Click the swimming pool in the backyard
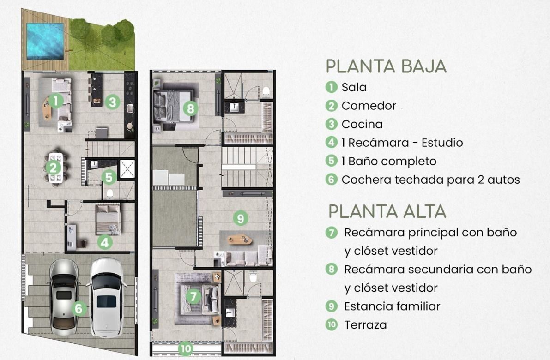click(x=45, y=42)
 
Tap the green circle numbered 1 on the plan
click(x=56, y=101)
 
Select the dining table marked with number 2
click(x=56, y=168)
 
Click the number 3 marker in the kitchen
click(x=112, y=102)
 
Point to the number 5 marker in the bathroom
click(x=109, y=177)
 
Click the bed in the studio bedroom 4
click(x=108, y=219)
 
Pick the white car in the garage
click(x=107, y=297)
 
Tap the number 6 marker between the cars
click(x=79, y=308)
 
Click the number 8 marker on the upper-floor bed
click(x=190, y=108)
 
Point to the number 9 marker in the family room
click(x=241, y=218)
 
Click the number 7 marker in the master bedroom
click(x=193, y=297)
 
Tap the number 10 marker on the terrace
click(x=186, y=349)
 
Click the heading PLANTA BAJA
click(x=386, y=66)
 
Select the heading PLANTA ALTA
click(x=387, y=211)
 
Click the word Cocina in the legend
click(x=362, y=124)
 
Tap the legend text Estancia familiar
click(x=392, y=306)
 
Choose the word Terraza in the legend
click(x=365, y=325)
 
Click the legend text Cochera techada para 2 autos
click(x=431, y=180)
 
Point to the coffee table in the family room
click(x=240, y=240)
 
